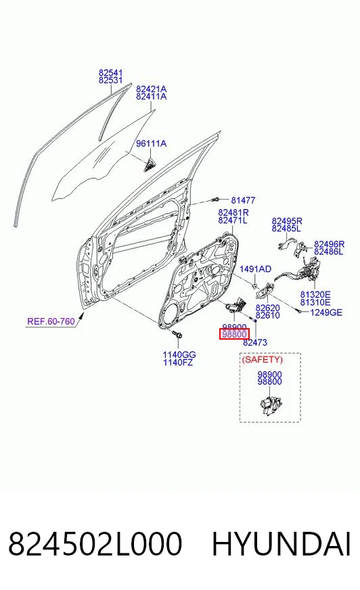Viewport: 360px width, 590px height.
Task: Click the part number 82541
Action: point(111,72)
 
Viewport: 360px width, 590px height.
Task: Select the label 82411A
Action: point(151,97)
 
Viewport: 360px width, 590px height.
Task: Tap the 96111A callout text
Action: point(151,143)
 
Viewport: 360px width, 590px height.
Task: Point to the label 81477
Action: point(243,200)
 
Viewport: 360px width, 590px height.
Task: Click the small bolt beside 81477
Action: point(217,200)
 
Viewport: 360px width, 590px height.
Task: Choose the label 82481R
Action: point(233,212)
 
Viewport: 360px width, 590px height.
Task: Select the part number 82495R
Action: point(287,221)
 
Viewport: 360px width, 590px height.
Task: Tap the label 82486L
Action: point(329,252)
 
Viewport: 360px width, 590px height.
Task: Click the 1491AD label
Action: point(255,269)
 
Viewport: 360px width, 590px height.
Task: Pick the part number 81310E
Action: point(315,302)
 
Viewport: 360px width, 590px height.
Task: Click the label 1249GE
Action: point(326,313)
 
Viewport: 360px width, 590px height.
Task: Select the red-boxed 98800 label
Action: point(234,334)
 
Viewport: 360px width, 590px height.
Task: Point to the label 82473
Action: point(255,342)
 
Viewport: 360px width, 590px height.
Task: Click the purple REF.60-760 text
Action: point(51,321)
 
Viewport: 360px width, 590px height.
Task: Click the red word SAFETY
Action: point(262,360)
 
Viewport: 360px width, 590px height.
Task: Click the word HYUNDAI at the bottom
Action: point(282,544)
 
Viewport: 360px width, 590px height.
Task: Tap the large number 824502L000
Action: point(95,544)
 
